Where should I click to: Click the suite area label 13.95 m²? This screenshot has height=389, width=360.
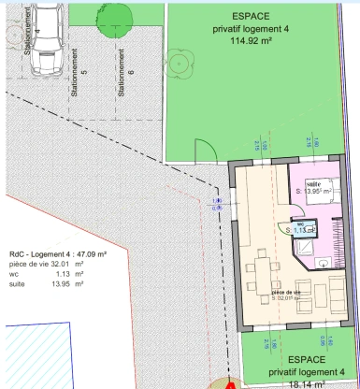pyautogui.click(x=314, y=192)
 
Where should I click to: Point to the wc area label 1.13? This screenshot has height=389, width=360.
pyautogui.click(x=301, y=229)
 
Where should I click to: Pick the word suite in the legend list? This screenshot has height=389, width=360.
pyautogui.click(x=18, y=284)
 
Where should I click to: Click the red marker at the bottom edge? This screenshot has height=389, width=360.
pyautogui.click(x=232, y=383)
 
